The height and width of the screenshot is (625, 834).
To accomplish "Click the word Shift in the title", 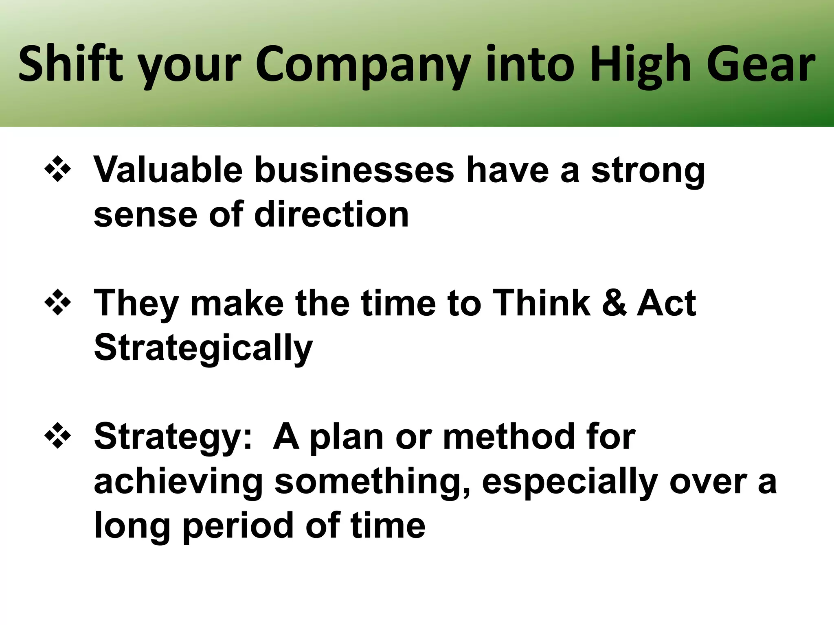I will pyautogui.click(x=70, y=64).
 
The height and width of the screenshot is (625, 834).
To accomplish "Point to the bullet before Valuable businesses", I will pyautogui.click(x=57, y=169).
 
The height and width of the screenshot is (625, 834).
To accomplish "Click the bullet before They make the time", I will pyautogui.click(x=57, y=302).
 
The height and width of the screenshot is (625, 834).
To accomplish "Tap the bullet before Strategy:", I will pyautogui.click(x=57, y=436).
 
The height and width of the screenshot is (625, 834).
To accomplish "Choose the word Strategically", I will pyautogui.click(x=203, y=348).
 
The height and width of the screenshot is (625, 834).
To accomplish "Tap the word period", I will pyautogui.click(x=238, y=527).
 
